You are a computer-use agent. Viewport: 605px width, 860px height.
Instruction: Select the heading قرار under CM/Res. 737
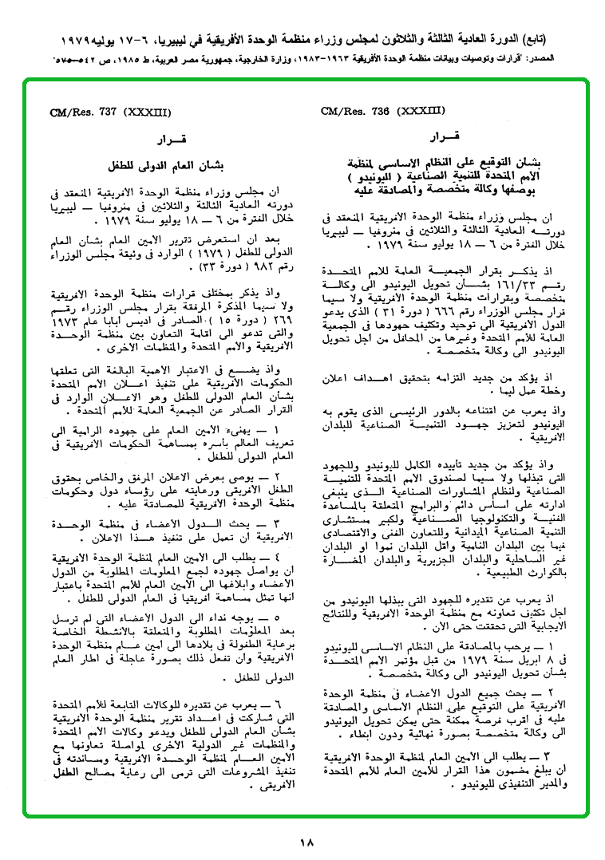tap(171, 140)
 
